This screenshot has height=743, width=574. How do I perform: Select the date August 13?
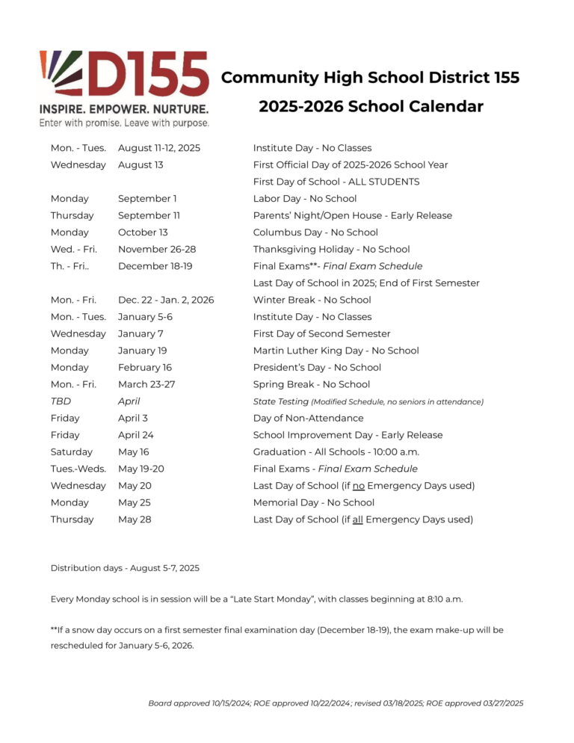pos(141,165)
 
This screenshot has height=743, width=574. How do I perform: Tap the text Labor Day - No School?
pos(305,199)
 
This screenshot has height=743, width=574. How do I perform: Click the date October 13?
pos(143,232)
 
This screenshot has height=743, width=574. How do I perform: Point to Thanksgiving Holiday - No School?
pos(331,250)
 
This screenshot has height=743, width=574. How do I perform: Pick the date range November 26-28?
pos(157,250)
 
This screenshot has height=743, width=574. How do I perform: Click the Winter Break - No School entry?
pos(312,300)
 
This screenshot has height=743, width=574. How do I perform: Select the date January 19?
pos(142,351)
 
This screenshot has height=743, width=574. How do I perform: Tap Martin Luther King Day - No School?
pos(336,351)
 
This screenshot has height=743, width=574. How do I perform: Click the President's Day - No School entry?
pos(317,368)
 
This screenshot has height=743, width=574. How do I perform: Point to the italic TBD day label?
pos(61,401)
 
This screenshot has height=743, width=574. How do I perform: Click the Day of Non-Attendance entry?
pos(308,419)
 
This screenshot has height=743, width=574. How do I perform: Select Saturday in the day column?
pos(72,452)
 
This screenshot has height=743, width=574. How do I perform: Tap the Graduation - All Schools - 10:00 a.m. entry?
pos(336,452)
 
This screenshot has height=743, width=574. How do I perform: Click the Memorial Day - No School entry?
pos(313,503)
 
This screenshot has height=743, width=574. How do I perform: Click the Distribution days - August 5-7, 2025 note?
pos(125,568)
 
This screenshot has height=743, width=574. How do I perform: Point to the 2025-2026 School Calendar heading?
pos(371,107)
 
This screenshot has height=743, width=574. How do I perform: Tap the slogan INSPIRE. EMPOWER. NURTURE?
pos(124,109)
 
